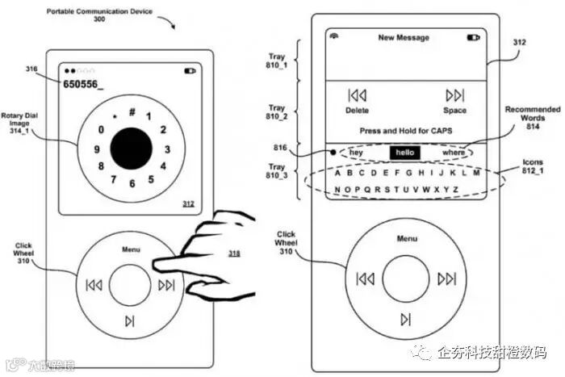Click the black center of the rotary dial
pos(131,149)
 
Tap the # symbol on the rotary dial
pos(132,111)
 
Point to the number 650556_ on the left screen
pos(83,84)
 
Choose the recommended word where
pos(454,152)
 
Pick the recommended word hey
pos(356,152)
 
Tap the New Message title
pos(404,37)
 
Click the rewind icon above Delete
pos(357,95)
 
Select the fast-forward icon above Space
pos(454,95)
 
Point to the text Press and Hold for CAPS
pos(405,130)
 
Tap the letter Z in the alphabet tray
pos(456,190)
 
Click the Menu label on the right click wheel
pos(407,238)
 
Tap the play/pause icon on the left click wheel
pos(130,320)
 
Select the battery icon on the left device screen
pos(190,71)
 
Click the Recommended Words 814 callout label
pos(532,117)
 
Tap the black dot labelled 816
pos(333,151)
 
